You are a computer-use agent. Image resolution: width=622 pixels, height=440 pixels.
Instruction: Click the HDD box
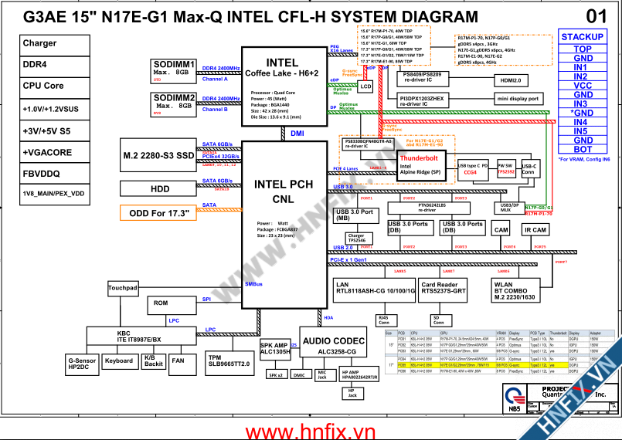tap(159, 188)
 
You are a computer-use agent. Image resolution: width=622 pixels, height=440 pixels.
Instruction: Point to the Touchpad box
tap(123, 288)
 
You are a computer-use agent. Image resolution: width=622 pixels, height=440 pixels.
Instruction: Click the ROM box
tap(160, 303)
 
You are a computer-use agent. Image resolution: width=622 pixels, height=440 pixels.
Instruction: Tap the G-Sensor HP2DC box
tap(83, 364)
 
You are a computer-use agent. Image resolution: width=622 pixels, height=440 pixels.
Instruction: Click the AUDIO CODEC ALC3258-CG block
tap(333, 345)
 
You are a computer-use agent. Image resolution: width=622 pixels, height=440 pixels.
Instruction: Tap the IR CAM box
tap(535, 230)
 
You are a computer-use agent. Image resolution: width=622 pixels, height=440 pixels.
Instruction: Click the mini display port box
tap(518, 99)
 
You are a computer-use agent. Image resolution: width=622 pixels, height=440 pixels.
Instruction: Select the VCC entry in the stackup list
tap(583, 86)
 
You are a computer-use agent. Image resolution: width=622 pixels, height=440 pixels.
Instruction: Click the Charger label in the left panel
tap(39, 44)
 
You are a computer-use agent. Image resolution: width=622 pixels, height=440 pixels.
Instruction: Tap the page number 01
tap(596, 16)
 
